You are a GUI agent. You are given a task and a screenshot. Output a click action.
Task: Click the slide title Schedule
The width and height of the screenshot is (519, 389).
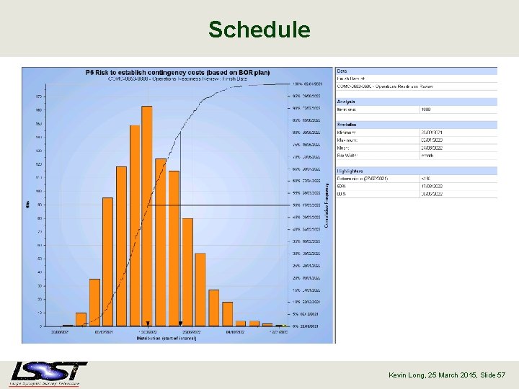259,30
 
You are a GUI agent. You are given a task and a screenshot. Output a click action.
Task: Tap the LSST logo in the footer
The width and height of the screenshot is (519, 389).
48,372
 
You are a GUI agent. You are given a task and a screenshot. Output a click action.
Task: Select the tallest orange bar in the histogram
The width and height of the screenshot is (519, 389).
147,216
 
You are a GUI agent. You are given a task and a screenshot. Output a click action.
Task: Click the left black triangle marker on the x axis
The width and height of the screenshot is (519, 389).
147,323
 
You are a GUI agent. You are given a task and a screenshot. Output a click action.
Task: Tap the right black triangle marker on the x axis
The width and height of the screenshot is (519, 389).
180,323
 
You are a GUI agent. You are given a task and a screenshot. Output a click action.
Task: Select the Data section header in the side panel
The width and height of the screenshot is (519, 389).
342,71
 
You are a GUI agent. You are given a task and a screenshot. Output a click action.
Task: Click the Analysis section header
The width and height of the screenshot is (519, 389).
346,102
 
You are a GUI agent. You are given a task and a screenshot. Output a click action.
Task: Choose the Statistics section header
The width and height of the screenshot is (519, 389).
347,125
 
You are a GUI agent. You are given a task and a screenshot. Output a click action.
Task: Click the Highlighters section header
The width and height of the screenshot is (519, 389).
350,171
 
